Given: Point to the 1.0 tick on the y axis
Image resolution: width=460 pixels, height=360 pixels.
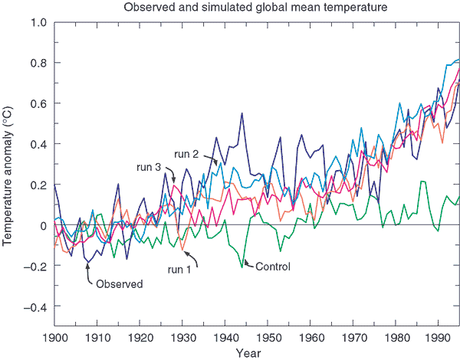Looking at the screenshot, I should [x=37, y=21].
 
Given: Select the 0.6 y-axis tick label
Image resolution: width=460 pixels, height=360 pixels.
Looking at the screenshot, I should [x=37, y=103].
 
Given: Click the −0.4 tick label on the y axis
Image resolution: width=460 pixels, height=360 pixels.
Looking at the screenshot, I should [x=34, y=306].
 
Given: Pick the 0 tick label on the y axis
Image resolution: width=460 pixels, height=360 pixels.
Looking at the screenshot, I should [x=42, y=225].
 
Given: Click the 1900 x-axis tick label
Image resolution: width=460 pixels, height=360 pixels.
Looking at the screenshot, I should [x=54, y=338].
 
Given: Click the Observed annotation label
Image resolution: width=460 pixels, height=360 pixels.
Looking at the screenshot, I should [x=119, y=283].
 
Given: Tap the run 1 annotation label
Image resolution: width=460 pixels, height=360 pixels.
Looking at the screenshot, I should [x=181, y=269].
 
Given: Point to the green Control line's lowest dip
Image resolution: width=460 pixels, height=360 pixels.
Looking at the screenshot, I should [x=242, y=267].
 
